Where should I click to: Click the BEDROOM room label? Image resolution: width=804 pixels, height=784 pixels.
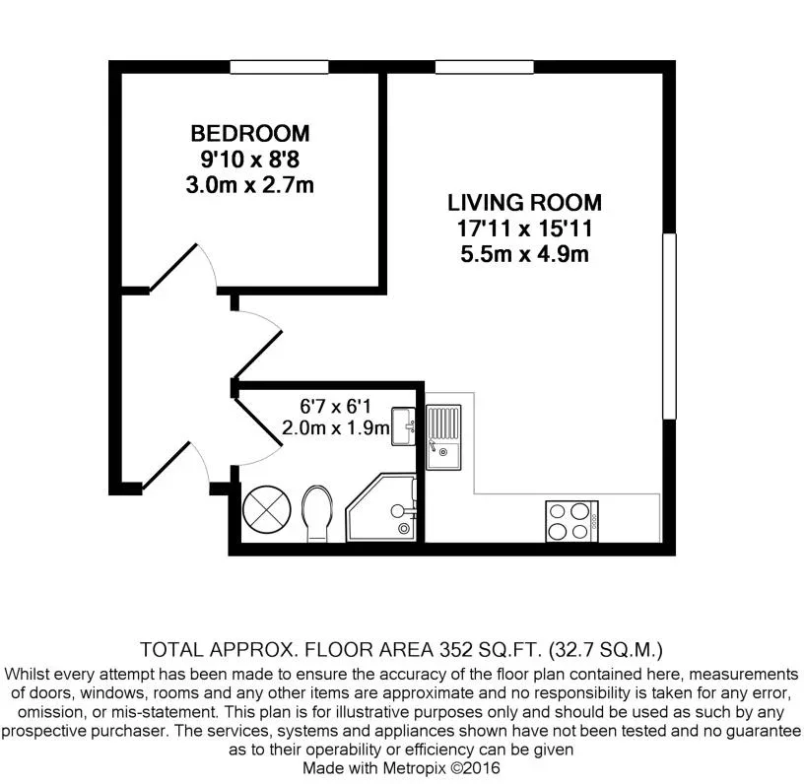pyautogui.click(x=250, y=134)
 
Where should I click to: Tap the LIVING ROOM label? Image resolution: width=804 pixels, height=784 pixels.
pyautogui.click(x=524, y=203)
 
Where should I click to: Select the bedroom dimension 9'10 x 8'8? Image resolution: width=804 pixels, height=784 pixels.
pyautogui.click(x=249, y=160)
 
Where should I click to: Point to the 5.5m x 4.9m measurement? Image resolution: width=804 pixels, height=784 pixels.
pyautogui.click(x=524, y=254)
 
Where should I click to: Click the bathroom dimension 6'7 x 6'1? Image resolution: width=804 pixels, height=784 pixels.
pyautogui.click(x=335, y=407)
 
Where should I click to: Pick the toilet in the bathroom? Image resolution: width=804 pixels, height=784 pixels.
pyautogui.click(x=317, y=513)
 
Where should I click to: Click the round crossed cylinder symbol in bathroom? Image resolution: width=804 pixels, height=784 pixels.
pyautogui.click(x=266, y=510)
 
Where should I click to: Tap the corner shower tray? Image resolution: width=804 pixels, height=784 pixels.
pyautogui.click(x=381, y=507)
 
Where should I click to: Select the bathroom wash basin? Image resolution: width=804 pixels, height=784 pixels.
pyautogui.click(x=404, y=426)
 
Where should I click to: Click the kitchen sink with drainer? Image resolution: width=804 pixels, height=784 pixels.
pyautogui.click(x=443, y=437)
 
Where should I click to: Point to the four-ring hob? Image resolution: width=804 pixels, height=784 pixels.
pyautogui.click(x=571, y=521)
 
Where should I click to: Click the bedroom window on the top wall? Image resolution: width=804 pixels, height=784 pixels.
pyautogui.click(x=279, y=67)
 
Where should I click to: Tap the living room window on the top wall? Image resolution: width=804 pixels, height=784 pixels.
pyautogui.click(x=485, y=67)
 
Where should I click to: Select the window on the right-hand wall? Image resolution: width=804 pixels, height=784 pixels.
pyautogui.click(x=669, y=326)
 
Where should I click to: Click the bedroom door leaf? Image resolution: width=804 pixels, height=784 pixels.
pyautogui.click(x=172, y=268)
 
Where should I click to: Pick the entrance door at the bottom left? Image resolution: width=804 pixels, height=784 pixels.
pyautogui.click(x=167, y=465)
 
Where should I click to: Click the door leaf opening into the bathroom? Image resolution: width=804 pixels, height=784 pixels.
pyautogui.click(x=257, y=421)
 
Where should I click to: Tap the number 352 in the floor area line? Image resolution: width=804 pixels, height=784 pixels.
pyautogui.click(x=455, y=650)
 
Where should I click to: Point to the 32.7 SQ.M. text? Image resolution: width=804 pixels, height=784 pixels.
pyautogui.click(x=606, y=650)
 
